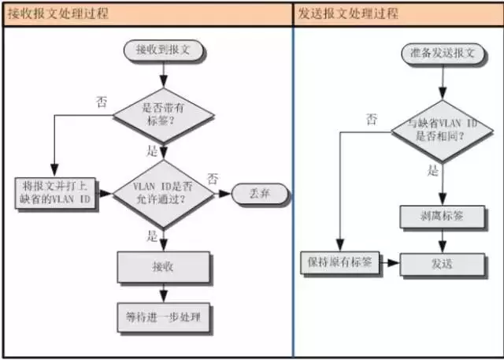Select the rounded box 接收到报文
click(163, 50)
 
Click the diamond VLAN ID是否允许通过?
click(163, 192)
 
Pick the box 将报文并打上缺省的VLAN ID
click(55, 192)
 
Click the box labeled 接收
click(163, 267)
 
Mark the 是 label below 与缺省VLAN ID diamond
click(432, 170)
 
